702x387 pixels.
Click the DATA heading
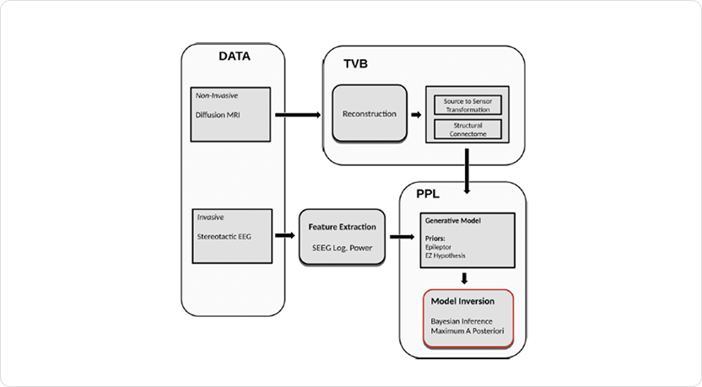click(235, 57)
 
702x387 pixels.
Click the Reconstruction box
click(369, 113)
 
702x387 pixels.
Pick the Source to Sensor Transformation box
click(467, 105)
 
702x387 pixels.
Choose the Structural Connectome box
click(467, 129)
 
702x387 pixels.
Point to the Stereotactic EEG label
click(224, 236)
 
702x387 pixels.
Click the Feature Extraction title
click(342, 227)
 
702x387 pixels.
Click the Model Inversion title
click(462, 301)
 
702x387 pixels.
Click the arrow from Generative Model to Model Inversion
click(464, 277)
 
